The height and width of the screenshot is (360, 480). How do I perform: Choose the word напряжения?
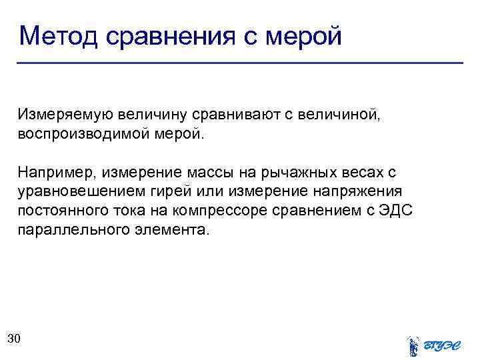click(x=363, y=192)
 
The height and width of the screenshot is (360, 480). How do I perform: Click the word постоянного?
click(x=59, y=211)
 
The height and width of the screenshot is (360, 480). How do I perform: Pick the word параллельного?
click(x=69, y=231)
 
